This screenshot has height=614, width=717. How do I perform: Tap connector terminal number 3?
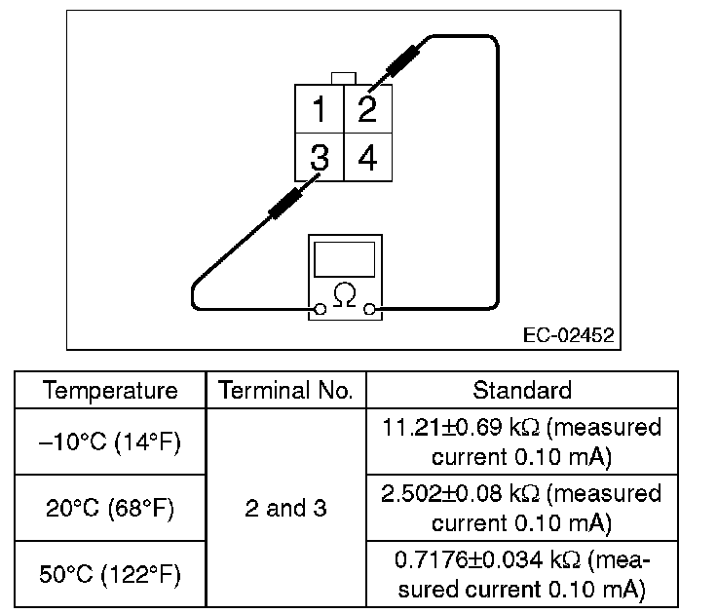[319, 157]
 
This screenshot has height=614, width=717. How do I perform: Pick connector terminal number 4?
[367, 157]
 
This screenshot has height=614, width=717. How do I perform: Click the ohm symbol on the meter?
[343, 293]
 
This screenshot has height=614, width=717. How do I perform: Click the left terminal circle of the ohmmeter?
[318, 311]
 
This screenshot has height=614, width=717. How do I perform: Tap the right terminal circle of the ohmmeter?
[369, 311]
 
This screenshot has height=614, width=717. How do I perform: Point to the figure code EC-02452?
[568, 336]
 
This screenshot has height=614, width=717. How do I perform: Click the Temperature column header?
[110, 391]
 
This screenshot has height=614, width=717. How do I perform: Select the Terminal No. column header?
[285, 391]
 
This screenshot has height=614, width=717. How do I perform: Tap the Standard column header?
[521, 391]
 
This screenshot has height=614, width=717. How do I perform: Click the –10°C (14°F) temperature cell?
[110, 441]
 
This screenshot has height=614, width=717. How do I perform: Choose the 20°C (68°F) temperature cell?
[110, 508]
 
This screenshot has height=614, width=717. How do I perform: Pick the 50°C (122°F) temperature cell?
[110, 575]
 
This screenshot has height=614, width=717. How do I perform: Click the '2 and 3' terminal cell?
[285, 508]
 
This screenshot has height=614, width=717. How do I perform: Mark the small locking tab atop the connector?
[343, 78]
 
